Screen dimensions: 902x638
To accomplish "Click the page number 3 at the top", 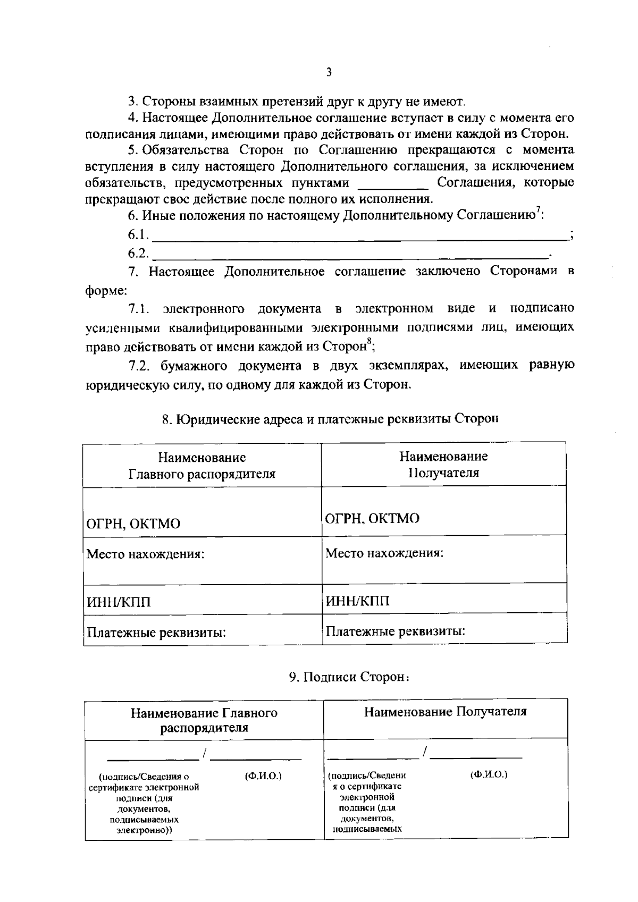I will (x=329, y=72).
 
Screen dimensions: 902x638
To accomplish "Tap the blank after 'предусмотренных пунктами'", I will (x=393, y=187).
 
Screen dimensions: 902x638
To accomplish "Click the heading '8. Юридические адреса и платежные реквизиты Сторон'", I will (x=330, y=419).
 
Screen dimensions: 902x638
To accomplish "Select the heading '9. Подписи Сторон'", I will (x=349, y=677).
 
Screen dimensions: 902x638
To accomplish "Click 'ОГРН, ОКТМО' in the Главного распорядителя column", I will (x=133, y=524).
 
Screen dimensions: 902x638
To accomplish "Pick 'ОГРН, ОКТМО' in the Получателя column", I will (x=372, y=518).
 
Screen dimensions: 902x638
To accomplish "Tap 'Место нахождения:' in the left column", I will (x=146, y=554).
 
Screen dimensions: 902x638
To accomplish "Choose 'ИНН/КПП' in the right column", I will (x=357, y=601).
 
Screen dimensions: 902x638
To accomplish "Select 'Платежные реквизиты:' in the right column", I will (x=396, y=631).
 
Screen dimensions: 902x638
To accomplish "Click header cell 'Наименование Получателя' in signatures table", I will (x=446, y=712).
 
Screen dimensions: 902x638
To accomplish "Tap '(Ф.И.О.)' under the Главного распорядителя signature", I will (x=263, y=775).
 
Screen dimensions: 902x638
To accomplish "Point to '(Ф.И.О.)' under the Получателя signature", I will (x=489, y=774).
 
